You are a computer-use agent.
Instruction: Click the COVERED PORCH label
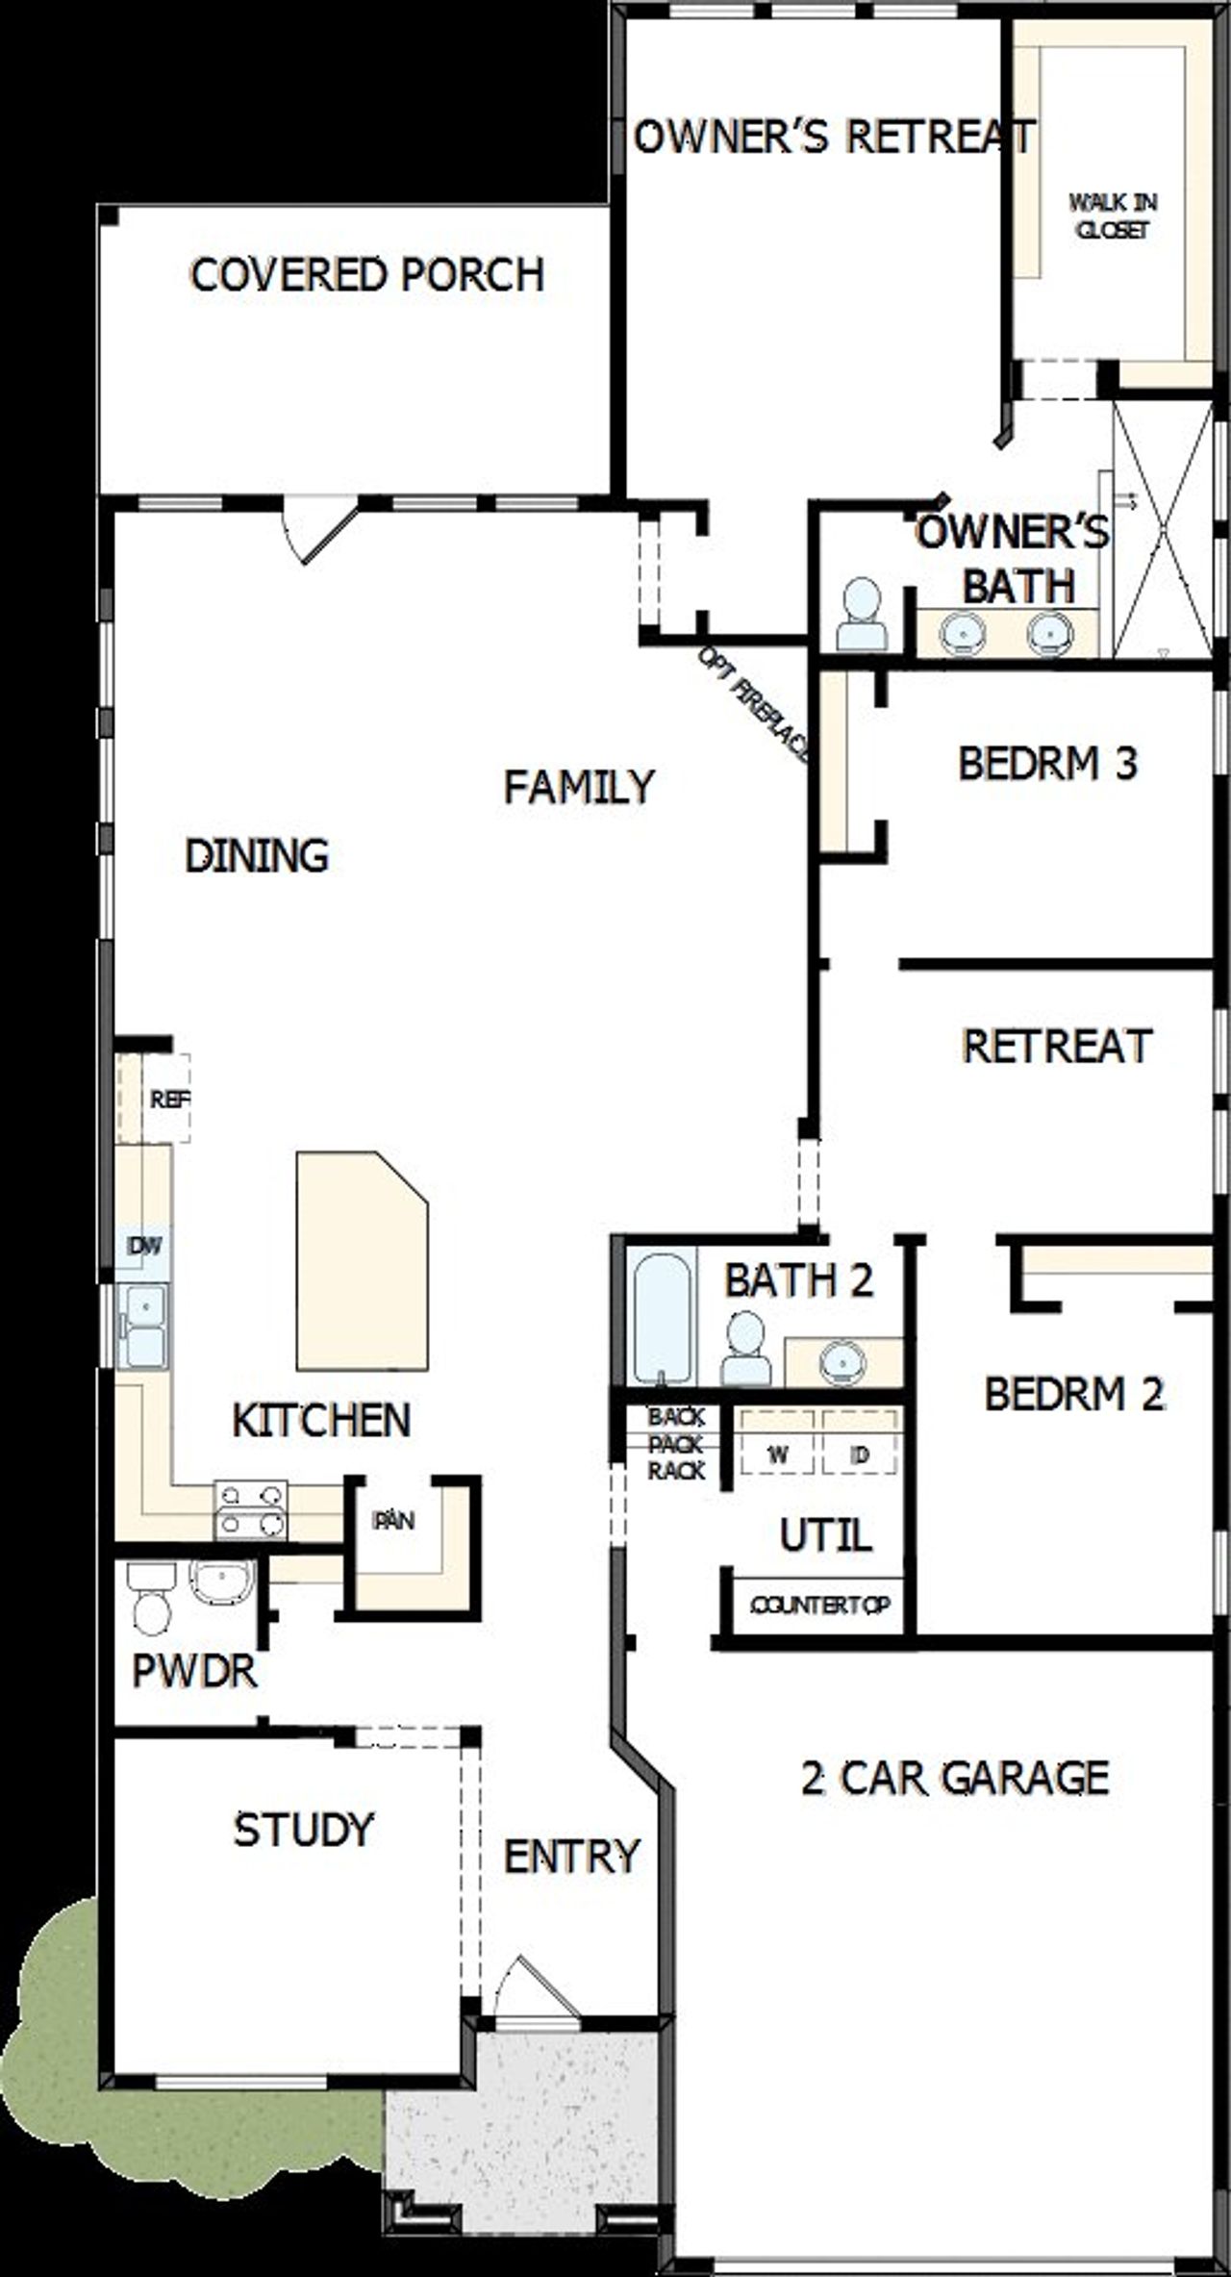pyautogui.click(x=367, y=275)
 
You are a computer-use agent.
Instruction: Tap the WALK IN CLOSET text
pyautogui.click(x=1113, y=216)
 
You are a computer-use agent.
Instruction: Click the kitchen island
pyautogui.click(x=362, y=1261)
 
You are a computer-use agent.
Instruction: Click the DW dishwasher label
pyautogui.click(x=144, y=1247)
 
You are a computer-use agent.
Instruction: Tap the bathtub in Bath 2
pyautogui.click(x=661, y=1316)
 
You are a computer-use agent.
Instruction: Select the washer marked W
pyautogui.click(x=778, y=1455)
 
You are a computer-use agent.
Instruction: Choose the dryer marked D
pyautogui.click(x=861, y=1455)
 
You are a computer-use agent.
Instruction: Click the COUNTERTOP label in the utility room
pyautogui.click(x=819, y=1605)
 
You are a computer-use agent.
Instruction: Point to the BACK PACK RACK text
pyautogui.click(x=676, y=1444)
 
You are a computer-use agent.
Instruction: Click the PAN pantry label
pyautogui.click(x=393, y=1520)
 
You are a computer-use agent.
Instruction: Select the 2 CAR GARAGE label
pyautogui.click(x=955, y=1779)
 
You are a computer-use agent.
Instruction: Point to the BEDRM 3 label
pyautogui.click(x=1047, y=764)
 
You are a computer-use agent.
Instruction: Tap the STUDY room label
pyautogui.click(x=303, y=1830)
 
